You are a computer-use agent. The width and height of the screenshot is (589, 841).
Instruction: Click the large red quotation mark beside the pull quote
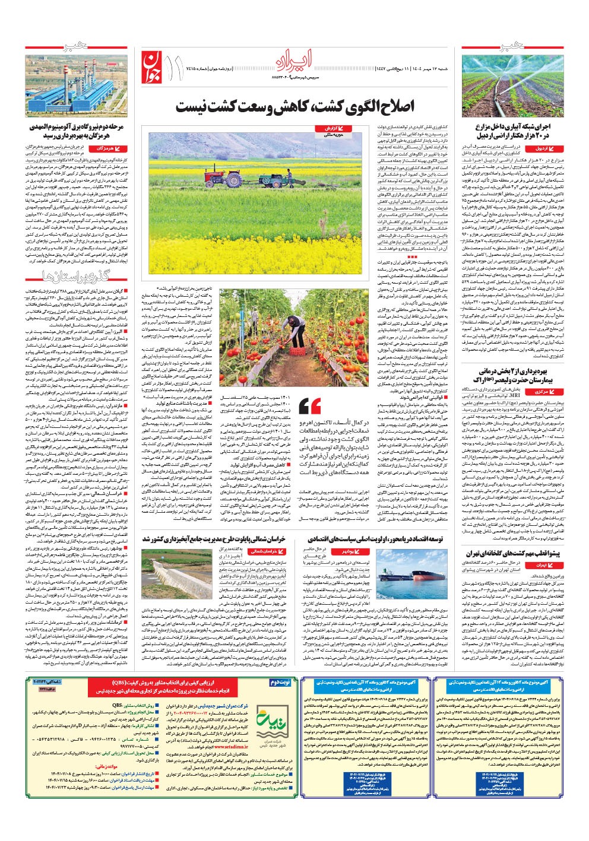tap(310, 407)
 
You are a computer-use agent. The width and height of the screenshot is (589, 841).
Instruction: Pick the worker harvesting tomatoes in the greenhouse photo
tap(296, 329)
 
